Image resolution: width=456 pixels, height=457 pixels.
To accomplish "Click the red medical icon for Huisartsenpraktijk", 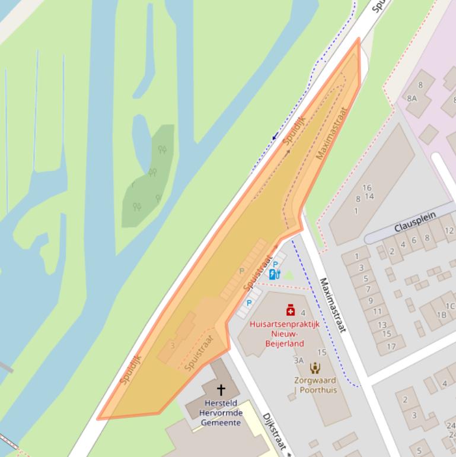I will point(291,310).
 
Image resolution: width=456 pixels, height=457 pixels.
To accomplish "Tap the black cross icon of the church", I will point(221,389).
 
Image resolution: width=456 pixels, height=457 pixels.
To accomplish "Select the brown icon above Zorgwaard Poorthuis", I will point(315,368).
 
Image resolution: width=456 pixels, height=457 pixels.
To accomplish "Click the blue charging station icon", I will point(274,274).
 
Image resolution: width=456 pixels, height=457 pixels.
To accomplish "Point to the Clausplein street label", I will point(415,222).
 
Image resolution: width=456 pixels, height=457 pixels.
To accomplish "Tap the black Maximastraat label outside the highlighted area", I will point(332,304).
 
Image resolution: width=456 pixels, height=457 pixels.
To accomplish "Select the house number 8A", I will point(412,98).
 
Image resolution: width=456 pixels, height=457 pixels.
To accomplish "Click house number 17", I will point(391,347).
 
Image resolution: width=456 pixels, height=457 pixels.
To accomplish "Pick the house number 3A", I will point(298,360).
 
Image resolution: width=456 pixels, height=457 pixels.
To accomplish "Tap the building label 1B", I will point(441,315).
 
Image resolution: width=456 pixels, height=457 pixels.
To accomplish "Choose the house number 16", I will point(366,188).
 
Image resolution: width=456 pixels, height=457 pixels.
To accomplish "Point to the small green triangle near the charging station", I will point(288,275).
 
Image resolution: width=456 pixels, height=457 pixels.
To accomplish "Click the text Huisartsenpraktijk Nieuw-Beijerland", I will point(285,334).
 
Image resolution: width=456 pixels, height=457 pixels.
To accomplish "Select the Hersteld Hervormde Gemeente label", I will point(220,413).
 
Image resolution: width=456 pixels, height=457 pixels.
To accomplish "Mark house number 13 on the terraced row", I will point(382,325).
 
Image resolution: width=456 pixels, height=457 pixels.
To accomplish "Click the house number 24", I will point(450,426).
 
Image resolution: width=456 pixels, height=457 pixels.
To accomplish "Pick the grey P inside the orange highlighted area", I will point(241,271).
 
